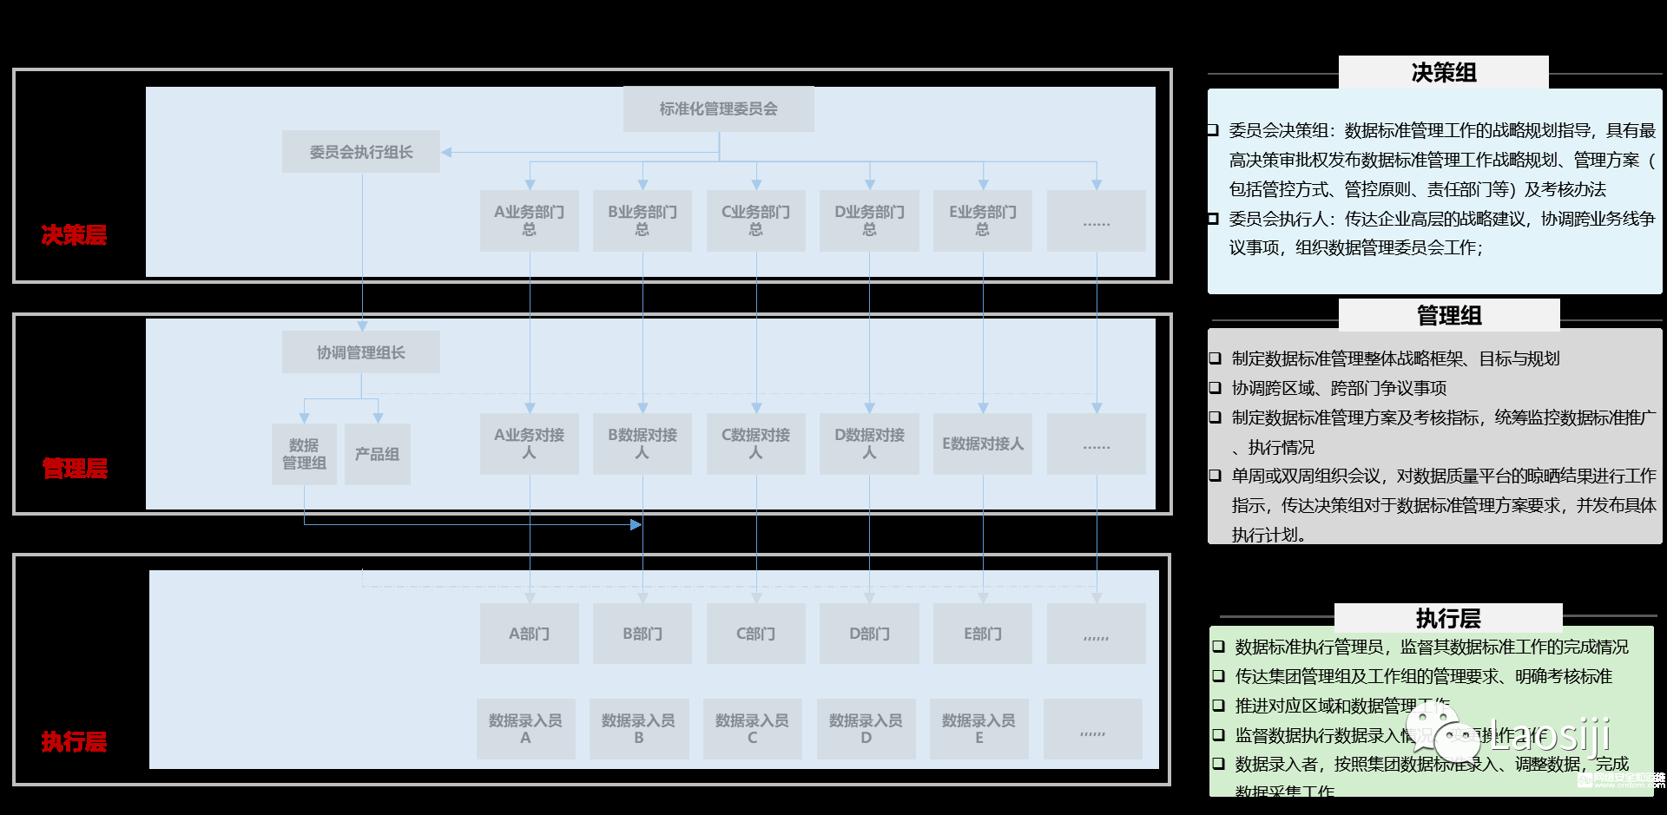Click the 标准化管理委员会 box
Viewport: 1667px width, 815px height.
point(718,109)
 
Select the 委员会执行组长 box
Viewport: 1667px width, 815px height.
point(361,152)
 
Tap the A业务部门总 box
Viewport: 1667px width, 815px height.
point(529,220)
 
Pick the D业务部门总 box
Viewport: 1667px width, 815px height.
point(869,220)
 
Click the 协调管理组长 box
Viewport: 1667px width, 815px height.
point(361,352)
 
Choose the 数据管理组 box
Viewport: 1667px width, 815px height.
point(304,454)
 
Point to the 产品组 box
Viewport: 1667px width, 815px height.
point(377,454)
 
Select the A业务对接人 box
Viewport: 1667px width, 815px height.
point(529,444)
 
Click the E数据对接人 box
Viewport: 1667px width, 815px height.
point(983,444)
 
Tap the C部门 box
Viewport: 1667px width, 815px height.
point(755,634)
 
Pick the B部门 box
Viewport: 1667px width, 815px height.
point(642,634)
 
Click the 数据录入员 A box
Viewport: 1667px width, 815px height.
point(525,729)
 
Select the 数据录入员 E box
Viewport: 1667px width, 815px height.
point(978,729)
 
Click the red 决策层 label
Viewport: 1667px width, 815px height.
point(74,234)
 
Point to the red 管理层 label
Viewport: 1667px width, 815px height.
point(75,469)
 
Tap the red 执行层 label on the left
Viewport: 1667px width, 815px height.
point(74,742)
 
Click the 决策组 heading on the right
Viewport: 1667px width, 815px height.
point(1443,73)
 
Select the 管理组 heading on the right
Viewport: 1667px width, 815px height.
point(1448,315)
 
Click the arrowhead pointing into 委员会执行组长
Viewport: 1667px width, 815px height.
point(446,153)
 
